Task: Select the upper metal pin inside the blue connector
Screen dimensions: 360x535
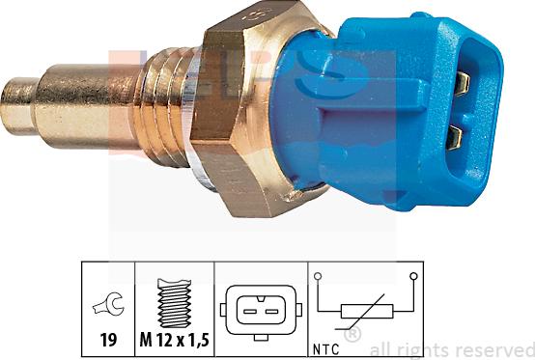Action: pyautogui.click(x=462, y=83)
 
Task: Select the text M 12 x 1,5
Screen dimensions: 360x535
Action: pyautogui.click(x=173, y=339)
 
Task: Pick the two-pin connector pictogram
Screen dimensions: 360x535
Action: pyautogui.click(x=259, y=310)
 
